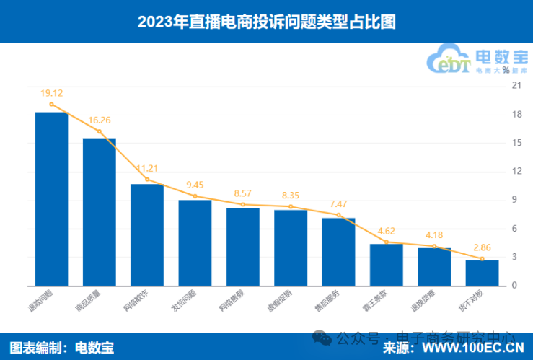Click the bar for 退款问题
[51, 198]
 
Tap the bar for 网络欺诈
[147, 234]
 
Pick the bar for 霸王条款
[387, 264]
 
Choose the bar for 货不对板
[482, 272]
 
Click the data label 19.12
[52, 93]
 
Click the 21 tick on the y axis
[515, 86]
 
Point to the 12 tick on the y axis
[515, 172]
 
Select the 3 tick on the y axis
[515, 257]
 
